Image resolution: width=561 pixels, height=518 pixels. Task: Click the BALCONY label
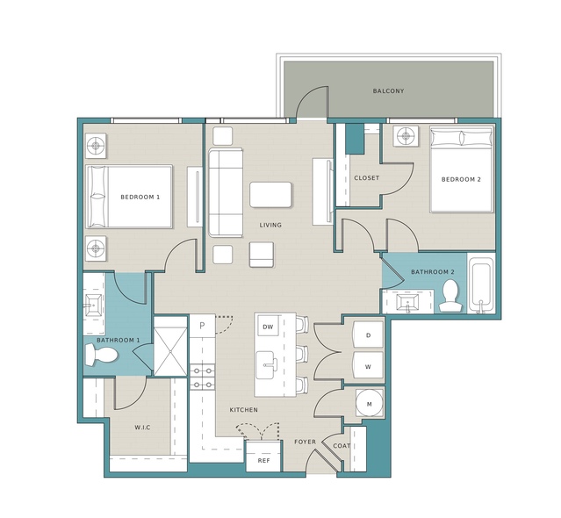pos(388,90)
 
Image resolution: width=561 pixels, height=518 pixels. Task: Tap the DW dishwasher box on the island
pos(268,327)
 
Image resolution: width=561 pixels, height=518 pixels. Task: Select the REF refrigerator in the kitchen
pos(263,457)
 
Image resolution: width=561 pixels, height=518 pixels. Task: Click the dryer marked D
pos(368,335)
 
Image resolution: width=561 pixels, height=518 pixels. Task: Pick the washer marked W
pos(368,366)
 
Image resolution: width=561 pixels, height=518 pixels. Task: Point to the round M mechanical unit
pos(370,404)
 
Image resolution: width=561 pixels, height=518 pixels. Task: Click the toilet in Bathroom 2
pos(450,296)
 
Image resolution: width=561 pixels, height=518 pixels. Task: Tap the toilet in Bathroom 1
pos(102,356)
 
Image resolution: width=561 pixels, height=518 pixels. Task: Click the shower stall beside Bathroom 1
pos(170,346)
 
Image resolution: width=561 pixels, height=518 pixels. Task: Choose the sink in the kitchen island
pos(267,365)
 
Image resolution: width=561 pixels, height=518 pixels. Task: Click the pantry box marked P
pos(202,326)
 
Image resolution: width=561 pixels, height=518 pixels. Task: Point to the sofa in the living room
pos(226,193)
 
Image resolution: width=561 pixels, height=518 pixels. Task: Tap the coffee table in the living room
pos(270,194)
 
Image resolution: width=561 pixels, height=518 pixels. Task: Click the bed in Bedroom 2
pos(462,169)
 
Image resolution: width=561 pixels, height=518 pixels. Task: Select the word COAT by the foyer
pos(342,446)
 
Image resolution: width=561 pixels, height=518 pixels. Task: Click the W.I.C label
pos(142,428)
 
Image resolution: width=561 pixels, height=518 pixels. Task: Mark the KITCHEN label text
pos(244,410)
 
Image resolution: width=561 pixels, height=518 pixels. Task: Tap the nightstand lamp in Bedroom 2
pos(406,136)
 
